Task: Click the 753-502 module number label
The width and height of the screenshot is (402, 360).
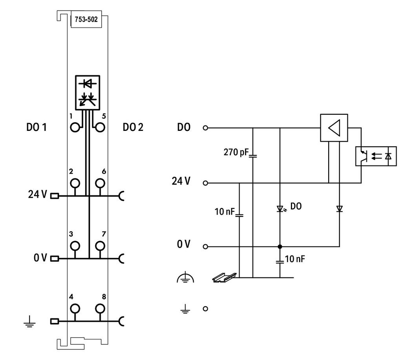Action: (x=86, y=19)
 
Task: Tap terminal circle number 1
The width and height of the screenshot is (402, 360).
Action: (x=75, y=127)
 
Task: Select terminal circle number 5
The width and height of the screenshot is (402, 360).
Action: (x=100, y=127)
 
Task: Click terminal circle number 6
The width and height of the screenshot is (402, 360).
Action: (x=100, y=183)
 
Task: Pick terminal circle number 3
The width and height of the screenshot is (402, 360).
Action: (x=75, y=246)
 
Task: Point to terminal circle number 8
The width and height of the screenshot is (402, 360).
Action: (x=100, y=309)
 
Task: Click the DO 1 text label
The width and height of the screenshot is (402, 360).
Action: (x=37, y=127)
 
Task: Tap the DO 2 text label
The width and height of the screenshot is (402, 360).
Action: (x=133, y=127)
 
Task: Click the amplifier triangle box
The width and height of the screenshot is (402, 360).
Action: (x=334, y=128)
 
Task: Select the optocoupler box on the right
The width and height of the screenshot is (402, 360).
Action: (x=376, y=156)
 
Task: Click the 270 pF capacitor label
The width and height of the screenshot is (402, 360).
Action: (x=236, y=152)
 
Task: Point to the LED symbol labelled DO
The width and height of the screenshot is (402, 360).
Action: (x=280, y=209)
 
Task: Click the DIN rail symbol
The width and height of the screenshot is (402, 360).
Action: (x=224, y=277)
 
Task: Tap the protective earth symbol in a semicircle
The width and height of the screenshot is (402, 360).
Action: (x=185, y=278)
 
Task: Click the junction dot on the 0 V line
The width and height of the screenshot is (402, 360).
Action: (x=280, y=246)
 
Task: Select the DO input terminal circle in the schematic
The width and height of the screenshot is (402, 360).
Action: (x=205, y=128)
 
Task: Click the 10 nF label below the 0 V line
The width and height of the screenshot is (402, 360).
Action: (x=295, y=259)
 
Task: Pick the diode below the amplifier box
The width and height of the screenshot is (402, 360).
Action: (x=340, y=209)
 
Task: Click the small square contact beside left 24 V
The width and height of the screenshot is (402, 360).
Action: (x=54, y=196)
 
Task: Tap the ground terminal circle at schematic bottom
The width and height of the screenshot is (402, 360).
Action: (x=205, y=309)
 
